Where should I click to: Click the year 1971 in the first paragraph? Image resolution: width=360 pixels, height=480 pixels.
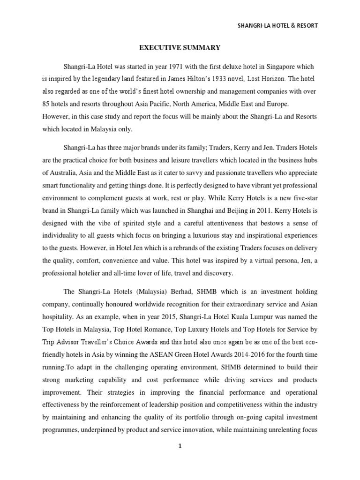tap(183, 67)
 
